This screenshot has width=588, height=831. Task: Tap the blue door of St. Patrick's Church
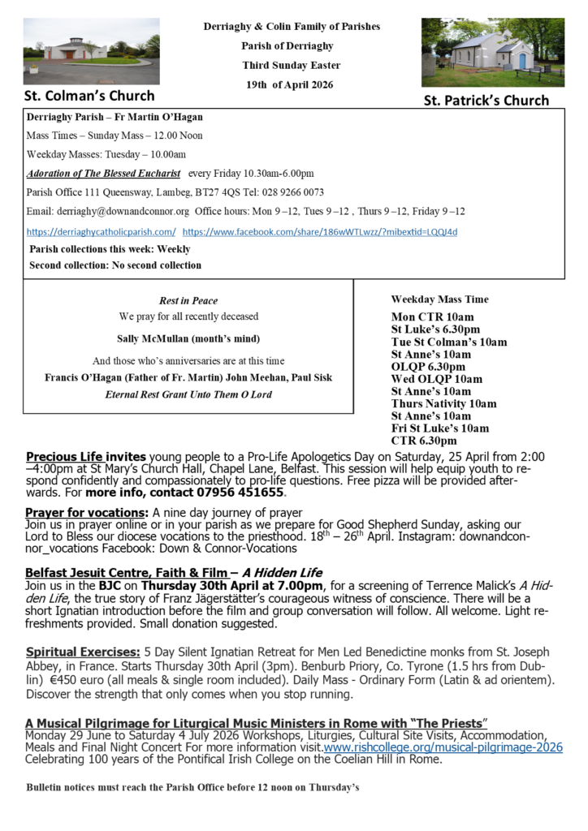tap(521, 61)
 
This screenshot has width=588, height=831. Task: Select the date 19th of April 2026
tap(291, 84)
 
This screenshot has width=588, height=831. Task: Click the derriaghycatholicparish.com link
tap(101, 232)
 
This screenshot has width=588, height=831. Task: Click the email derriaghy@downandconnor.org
tap(107, 212)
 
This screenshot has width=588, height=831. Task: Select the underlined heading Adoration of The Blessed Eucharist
tap(103, 174)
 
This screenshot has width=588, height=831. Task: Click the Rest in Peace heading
tap(188, 301)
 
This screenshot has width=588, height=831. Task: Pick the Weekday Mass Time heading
tap(439, 299)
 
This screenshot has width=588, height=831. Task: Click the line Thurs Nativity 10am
tap(443, 403)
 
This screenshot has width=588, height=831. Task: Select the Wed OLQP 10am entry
tap(436, 379)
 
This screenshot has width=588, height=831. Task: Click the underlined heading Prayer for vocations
tap(86, 513)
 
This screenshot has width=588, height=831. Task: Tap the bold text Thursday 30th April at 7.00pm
tap(219, 585)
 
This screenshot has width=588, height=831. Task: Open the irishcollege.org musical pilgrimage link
tap(443, 747)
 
